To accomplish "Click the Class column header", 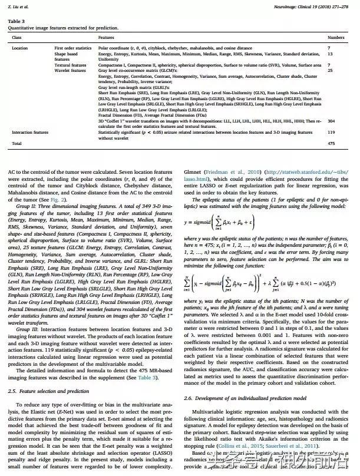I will pyautogui.click(x=17, y=37).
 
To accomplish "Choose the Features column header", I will pyautogui.click(x=107, y=37).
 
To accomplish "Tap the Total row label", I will pyautogui.click(x=17, y=143).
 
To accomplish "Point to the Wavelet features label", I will pyautogui.click(x=71, y=70).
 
